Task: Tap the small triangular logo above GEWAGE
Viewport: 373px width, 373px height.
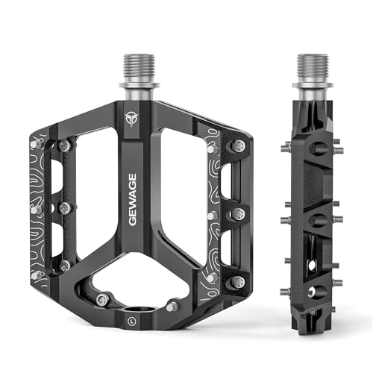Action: click(x=133, y=119)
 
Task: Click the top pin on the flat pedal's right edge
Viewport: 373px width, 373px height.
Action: click(x=238, y=147)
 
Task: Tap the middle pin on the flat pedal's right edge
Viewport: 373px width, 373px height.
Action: click(x=238, y=214)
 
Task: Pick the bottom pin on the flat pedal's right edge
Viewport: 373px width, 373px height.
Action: click(x=238, y=281)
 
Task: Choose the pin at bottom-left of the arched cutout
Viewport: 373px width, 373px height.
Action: click(x=102, y=299)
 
